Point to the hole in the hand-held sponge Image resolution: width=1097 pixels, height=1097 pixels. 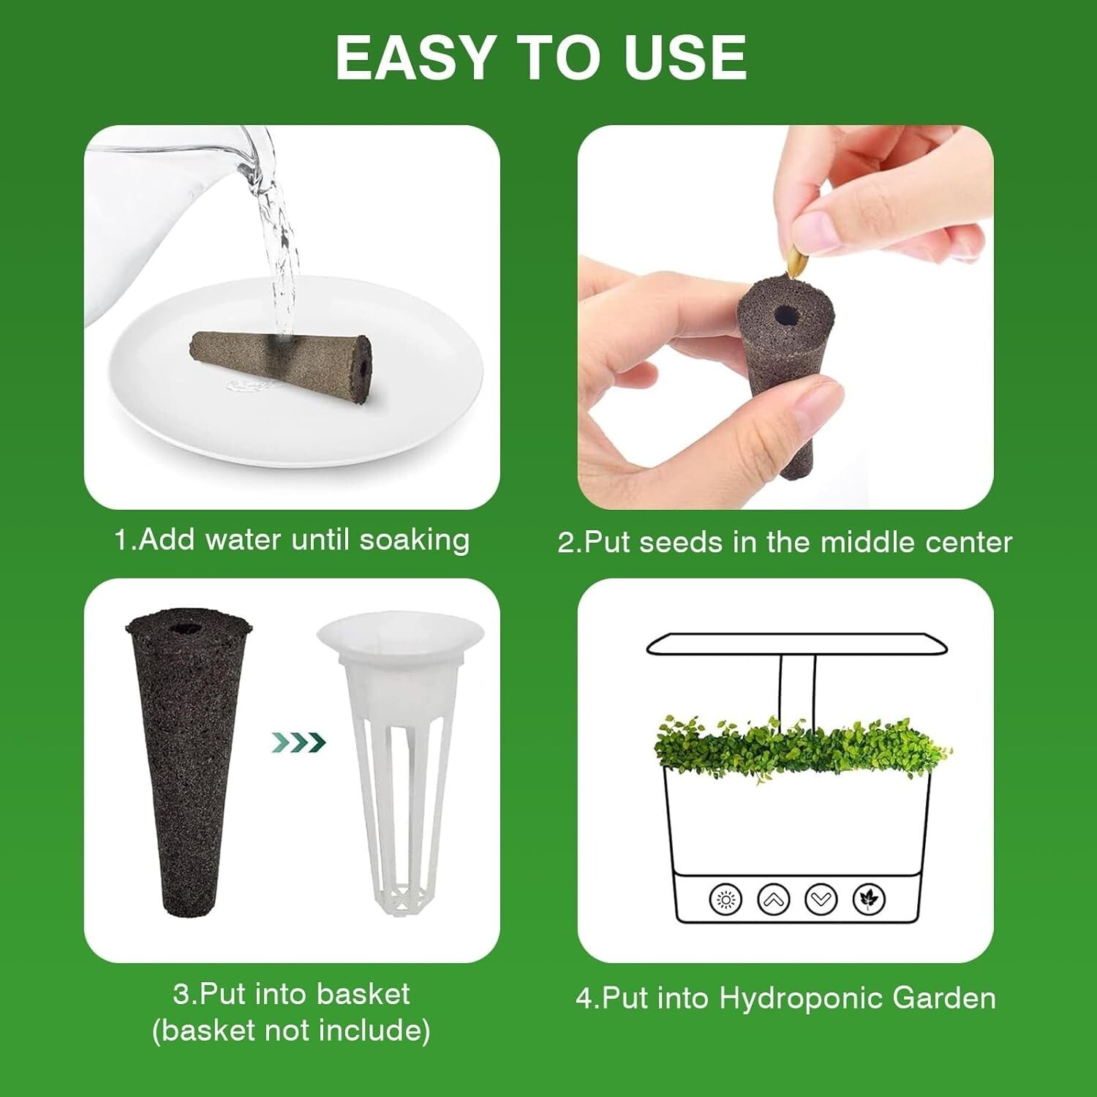[x=787, y=316]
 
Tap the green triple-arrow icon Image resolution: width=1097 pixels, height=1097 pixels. [x=298, y=743]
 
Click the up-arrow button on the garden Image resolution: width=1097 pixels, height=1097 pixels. [x=773, y=899]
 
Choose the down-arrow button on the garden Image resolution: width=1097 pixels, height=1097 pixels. [x=821, y=899]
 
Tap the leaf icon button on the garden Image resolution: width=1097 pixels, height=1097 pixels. [x=869, y=899]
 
